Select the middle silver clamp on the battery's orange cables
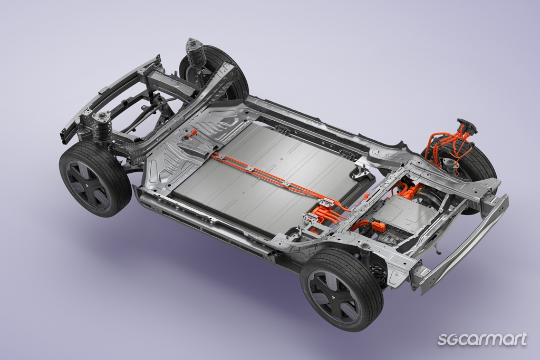point(250,169)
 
